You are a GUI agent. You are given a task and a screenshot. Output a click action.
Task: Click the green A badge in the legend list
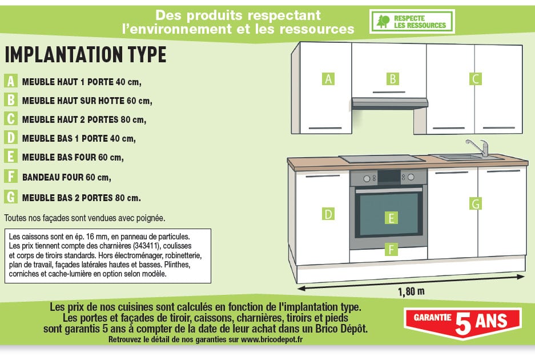pyautogui.click(x=11, y=81)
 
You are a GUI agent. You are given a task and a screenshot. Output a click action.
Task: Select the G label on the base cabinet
pyautogui.click(x=475, y=203)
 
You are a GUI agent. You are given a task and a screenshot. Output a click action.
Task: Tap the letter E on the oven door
pyautogui.click(x=391, y=218)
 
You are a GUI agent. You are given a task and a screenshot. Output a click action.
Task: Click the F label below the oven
pyautogui.click(x=391, y=249)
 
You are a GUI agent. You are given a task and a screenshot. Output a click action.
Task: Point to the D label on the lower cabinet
pyautogui.click(x=328, y=214)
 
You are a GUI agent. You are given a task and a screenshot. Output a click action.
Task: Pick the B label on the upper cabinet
pyautogui.click(x=393, y=79)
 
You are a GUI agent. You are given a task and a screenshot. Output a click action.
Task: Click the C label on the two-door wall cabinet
pyautogui.click(x=475, y=79)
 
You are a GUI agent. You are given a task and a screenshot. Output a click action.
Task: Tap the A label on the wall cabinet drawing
pyautogui.click(x=328, y=79)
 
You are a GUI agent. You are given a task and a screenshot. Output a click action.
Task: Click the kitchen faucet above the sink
pyautogui.click(x=478, y=147)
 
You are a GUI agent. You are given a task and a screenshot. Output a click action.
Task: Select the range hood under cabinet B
pyautogui.click(x=389, y=103)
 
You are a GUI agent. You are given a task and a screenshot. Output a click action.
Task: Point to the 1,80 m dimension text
pyautogui.click(x=411, y=291)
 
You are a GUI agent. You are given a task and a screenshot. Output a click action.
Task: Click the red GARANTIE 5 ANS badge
pyautogui.click(x=462, y=322)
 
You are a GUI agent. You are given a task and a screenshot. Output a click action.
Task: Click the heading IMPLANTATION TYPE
pyautogui.click(x=86, y=55)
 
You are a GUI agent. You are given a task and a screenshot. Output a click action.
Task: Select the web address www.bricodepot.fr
pyautogui.click(x=272, y=339)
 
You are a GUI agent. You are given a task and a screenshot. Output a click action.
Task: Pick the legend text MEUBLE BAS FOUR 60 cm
pyautogui.click(x=73, y=157)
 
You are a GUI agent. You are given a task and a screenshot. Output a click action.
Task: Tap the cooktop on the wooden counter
pyautogui.click(x=377, y=158)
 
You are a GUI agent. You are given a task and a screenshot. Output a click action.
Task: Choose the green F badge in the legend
pyautogui.click(x=11, y=176)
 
